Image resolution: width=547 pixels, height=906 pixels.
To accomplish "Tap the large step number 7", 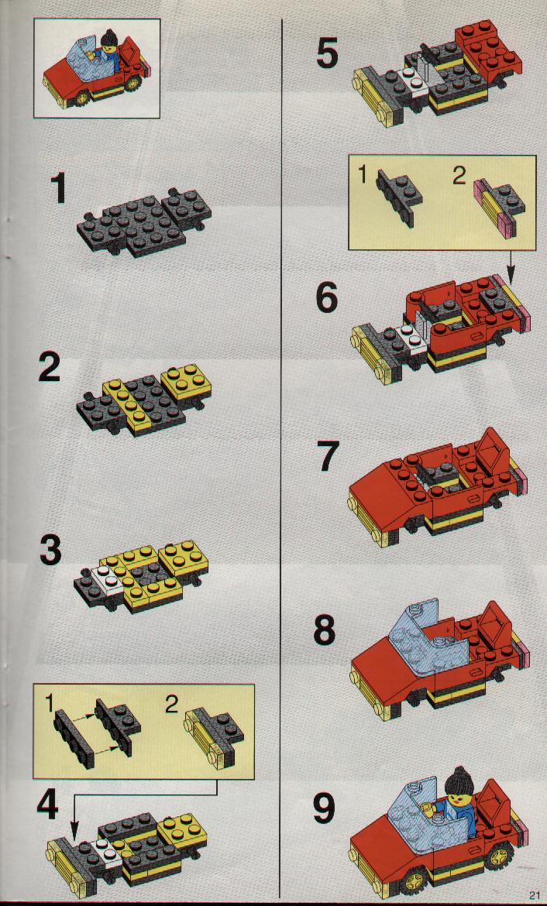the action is point(327,456).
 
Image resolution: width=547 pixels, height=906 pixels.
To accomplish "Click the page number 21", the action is point(533,896).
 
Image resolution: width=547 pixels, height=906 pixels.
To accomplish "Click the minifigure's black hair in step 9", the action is point(459,781).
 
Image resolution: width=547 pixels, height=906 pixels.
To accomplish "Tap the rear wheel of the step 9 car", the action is point(500,854).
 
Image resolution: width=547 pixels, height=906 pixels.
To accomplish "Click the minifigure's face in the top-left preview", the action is point(108,50).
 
